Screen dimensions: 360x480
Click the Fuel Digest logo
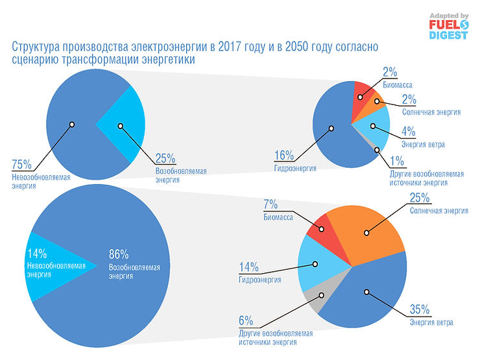[x=448, y=26]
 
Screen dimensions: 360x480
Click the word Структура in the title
[x=38, y=47]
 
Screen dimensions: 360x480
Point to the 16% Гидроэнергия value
[x=284, y=156]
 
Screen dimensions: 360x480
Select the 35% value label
[x=421, y=309]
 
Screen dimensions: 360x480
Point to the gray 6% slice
[x=315, y=300]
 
